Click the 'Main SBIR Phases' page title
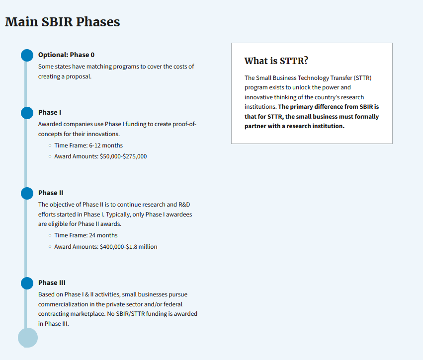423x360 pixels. [62, 22]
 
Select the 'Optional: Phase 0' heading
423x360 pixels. [67, 55]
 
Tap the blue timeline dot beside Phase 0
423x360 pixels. [27, 55]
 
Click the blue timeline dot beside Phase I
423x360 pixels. [27, 113]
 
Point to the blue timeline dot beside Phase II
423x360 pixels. [27, 194]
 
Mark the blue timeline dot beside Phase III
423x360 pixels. [27, 283]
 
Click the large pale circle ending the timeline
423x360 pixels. [28, 338]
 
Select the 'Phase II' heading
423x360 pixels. [51, 193]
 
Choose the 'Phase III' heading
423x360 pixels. [52, 283]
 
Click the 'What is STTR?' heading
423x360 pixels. [276, 61]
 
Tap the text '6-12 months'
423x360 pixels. [106, 145]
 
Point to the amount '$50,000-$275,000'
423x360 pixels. [123, 156]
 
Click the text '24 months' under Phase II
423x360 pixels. [103, 235]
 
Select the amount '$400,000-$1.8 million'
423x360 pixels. [128, 247]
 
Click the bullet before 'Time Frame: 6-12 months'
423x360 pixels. [50, 145]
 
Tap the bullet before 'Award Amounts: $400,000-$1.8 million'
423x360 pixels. [50, 247]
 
